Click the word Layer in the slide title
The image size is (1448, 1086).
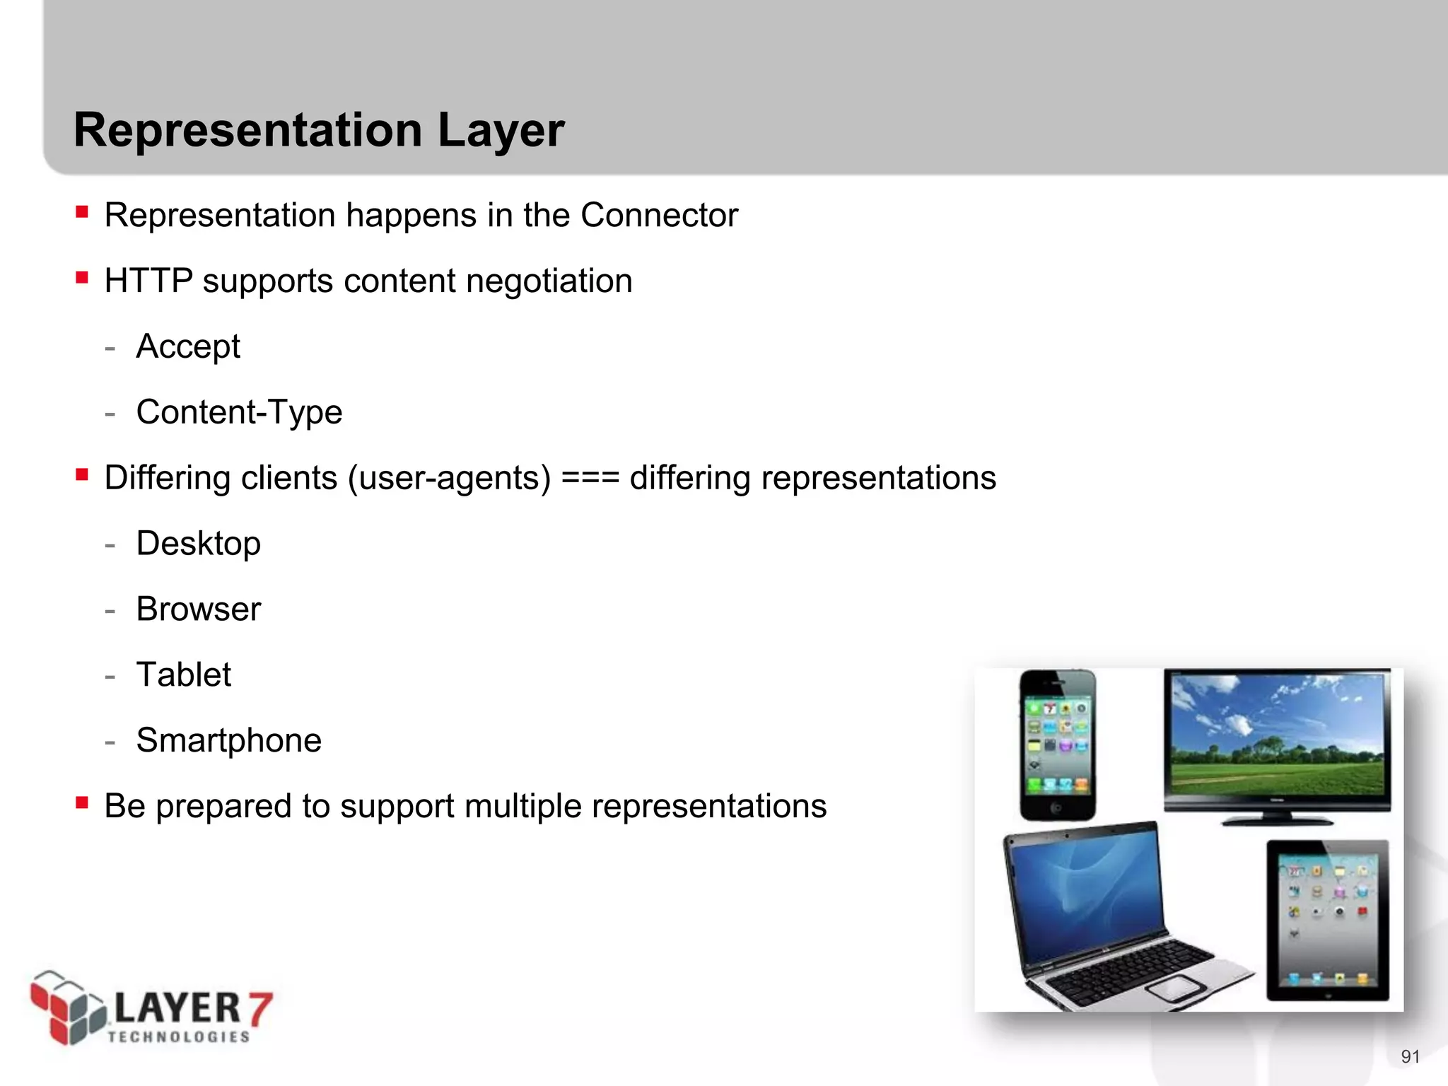coord(501,131)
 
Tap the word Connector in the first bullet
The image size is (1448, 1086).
coord(659,215)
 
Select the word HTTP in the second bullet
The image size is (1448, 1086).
coord(148,281)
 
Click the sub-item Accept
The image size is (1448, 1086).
coord(188,346)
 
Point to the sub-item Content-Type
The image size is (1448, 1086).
coord(239,412)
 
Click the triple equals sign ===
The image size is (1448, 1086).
coord(590,478)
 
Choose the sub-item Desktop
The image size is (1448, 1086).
coord(198,544)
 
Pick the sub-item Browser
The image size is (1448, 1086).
coord(198,609)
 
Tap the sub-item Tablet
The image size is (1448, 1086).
coord(183,675)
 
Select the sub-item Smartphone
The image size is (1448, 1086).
coord(228,740)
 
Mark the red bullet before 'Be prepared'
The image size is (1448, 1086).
coord(82,802)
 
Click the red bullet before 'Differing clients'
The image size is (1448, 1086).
coord(82,474)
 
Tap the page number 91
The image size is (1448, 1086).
coord(1410,1056)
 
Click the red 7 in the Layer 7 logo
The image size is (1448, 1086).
coord(259,1008)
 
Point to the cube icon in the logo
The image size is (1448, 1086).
coord(67,1008)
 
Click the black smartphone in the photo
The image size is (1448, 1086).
coord(1057,745)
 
